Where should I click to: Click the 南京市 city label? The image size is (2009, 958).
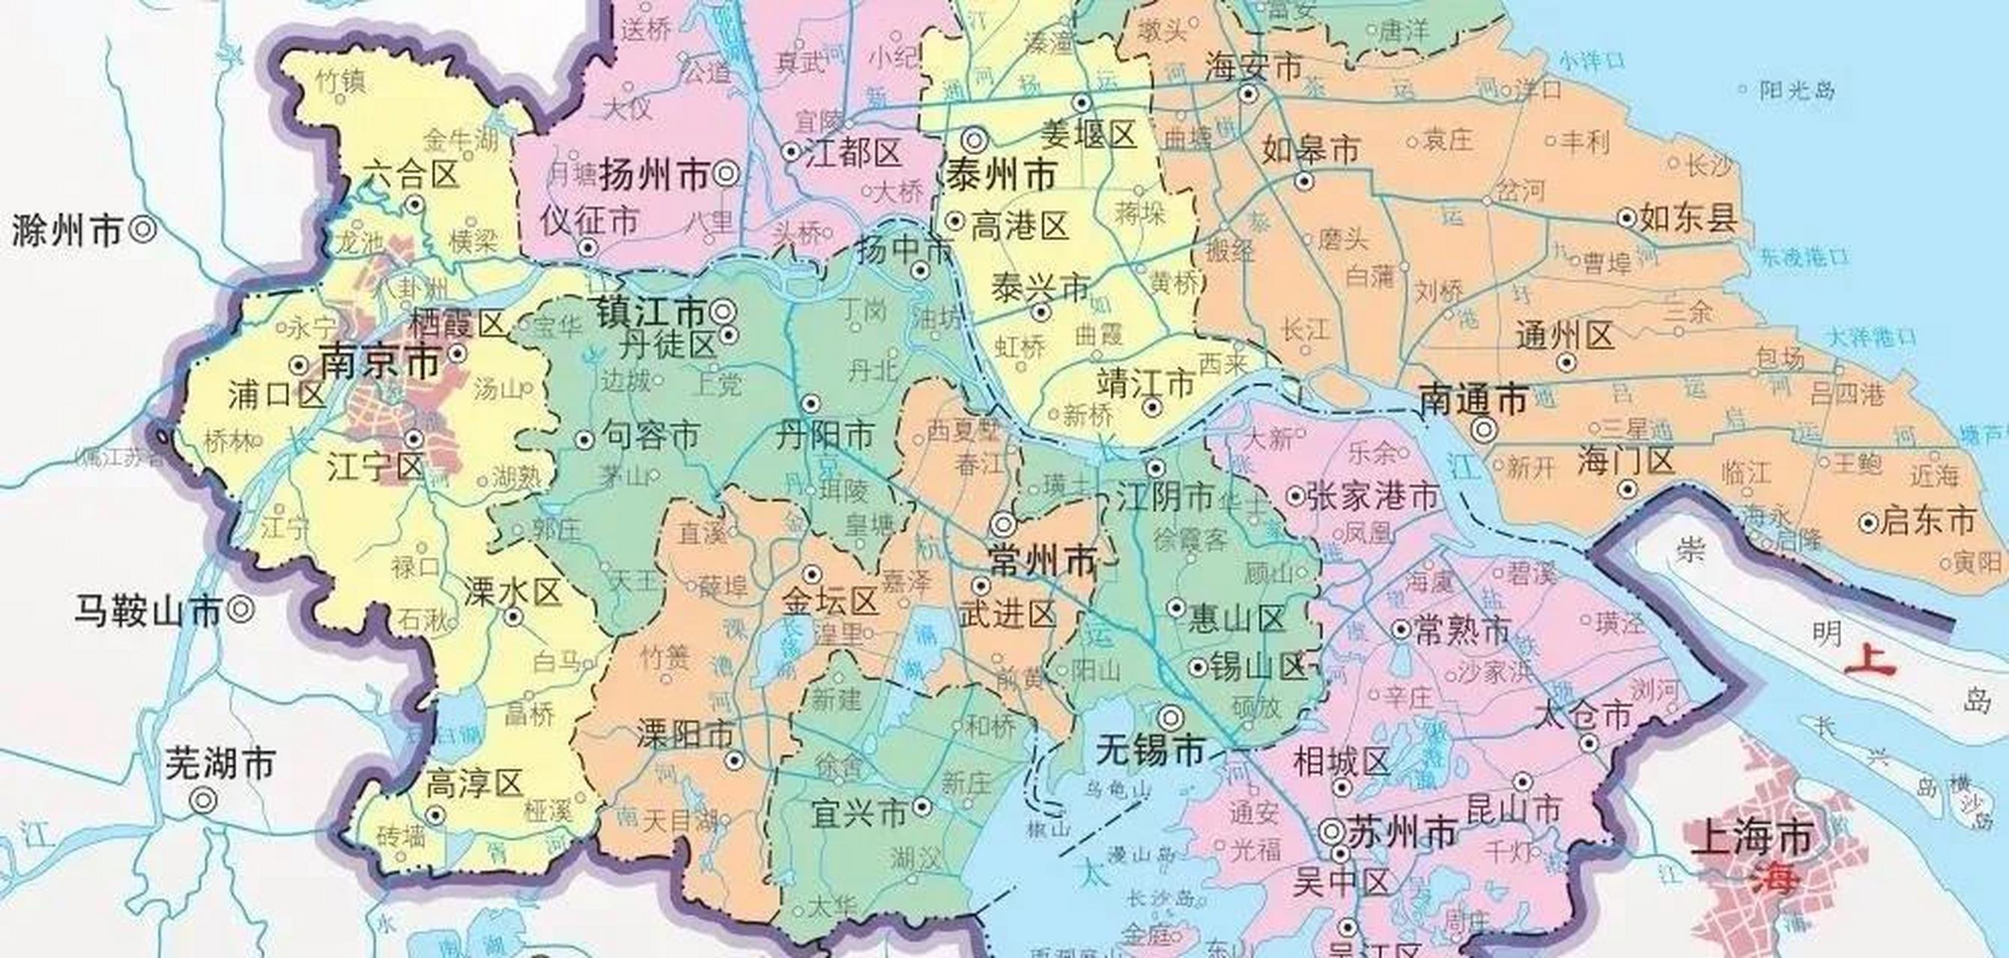coord(381,362)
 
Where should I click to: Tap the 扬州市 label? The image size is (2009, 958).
coord(653,174)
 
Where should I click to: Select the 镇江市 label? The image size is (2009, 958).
coord(651,313)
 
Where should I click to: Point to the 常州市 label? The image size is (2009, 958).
coord(1042,560)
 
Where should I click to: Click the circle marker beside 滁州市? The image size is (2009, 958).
coord(144,229)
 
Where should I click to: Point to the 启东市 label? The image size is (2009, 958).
coord(1928,521)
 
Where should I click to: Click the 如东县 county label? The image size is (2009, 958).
coord(1688,219)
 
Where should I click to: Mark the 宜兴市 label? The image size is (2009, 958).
coord(859,813)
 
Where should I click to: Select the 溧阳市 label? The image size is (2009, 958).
coord(685,733)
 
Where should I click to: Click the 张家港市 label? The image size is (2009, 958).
coord(1372,495)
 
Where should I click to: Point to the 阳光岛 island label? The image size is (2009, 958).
coord(1797,91)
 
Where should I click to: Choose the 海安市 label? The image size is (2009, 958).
coord(1253,67)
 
